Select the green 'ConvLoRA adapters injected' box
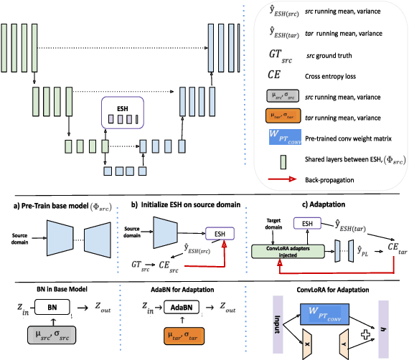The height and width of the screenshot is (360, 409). [x=284, y=250]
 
